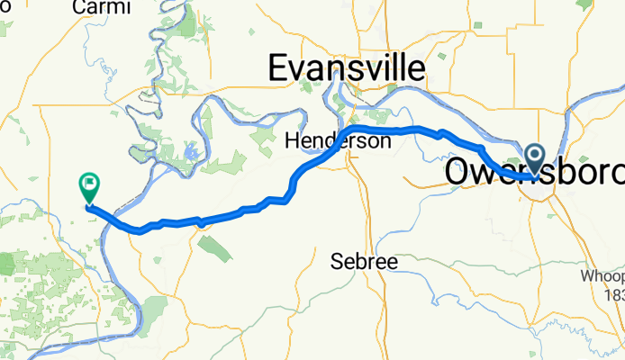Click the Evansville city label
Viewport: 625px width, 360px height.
coord(348,68)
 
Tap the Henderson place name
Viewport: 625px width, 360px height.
coord(338,141)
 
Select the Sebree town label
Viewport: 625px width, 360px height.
coord(364,261)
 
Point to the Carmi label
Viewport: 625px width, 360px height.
coord(100,7)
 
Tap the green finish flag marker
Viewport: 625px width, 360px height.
coord(89,187)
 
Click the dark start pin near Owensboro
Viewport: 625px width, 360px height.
coord(535,161)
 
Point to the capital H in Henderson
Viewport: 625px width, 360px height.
coord(291,141)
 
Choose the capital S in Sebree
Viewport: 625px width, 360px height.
coord(336,261)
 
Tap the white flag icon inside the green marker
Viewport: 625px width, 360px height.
coord(89,185)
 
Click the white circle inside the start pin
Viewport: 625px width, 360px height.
coord(535,157)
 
